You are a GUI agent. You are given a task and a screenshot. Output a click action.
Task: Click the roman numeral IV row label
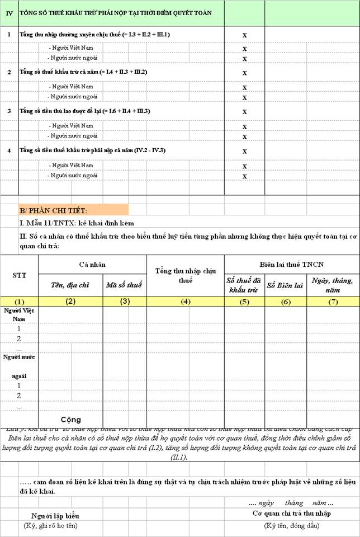point(8,12)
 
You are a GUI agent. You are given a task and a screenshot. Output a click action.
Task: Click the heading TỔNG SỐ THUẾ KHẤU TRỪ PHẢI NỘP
point(115,12)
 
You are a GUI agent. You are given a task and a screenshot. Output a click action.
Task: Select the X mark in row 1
point(244,35)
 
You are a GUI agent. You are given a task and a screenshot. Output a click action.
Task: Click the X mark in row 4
point(244,151)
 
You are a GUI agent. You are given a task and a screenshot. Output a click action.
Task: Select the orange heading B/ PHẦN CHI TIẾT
point(53,210)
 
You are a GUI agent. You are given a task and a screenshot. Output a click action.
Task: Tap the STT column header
point(19,276)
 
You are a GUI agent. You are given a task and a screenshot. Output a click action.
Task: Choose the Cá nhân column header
point(92,264)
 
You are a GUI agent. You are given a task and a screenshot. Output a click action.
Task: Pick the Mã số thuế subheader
point(125,285)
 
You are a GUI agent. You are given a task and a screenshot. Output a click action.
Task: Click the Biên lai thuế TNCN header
point(292,264)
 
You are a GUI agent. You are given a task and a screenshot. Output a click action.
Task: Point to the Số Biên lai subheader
point(285,285)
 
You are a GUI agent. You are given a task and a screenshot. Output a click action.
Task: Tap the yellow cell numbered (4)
point(186,302)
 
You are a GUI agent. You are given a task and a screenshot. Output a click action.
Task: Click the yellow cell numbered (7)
point(333,302)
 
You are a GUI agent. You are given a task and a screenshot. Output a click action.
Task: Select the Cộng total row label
point(71,420)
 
